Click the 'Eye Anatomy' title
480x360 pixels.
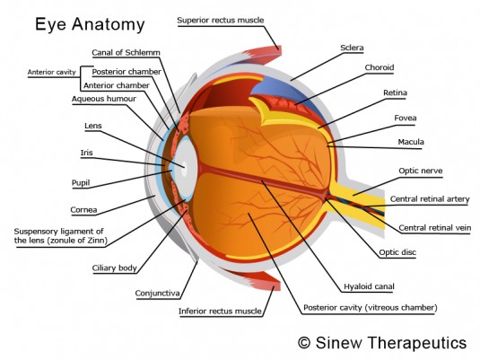(x=90, y=24)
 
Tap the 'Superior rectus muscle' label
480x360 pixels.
(x=221, y=21)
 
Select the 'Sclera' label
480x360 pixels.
(x=352, y=48)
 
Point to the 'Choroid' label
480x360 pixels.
(x=380, y=67)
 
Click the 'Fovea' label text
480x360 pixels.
(x=406, y=118)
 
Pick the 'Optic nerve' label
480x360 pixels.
(x=421, y=171)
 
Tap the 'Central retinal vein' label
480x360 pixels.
(x=435, y=228)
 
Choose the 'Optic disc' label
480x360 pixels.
(x=397, y=252)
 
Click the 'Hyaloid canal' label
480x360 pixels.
(x=369, y=286)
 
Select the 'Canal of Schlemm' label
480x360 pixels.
(x=126, y=53)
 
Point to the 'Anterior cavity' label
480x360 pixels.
(x=51, y=73)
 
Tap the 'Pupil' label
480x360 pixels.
(x=81, y=183)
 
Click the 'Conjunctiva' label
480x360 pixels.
(x=157, y=294)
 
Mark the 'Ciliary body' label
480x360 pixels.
(x=115, y=268)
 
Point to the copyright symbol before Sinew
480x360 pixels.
(x=304, y=343)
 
